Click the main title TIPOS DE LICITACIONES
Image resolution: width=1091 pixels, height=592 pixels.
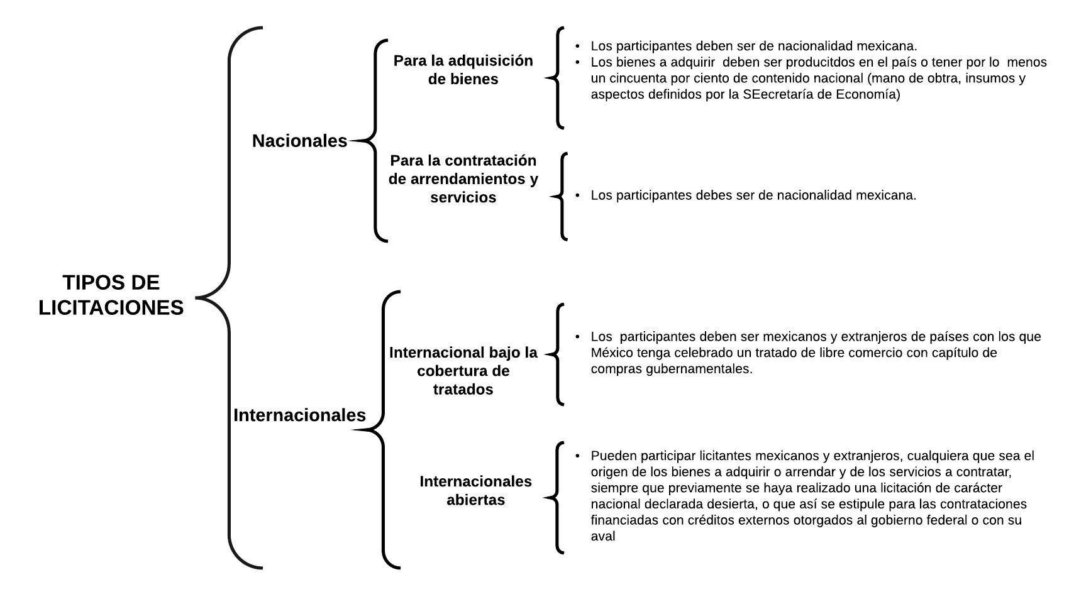(111, 295)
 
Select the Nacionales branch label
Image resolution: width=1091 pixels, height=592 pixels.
(299, 141)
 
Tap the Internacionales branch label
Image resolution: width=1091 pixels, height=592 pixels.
(299, 415)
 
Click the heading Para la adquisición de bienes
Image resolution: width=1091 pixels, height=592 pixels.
(463, 70)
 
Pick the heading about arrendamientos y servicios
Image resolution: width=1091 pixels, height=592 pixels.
(463, 178)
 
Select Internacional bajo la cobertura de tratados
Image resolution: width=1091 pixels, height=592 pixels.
(463, 371)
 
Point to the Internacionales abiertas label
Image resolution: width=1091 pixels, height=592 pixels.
(476, 490)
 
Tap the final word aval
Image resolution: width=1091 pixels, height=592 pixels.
(603, 536)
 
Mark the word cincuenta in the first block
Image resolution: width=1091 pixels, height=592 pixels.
(638, 79)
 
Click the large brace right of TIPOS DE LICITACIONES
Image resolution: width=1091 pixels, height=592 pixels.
(229, 297)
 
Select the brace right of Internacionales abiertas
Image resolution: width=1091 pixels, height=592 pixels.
(556, 498)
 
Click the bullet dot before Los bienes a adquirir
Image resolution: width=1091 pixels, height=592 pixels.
(578, 62)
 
